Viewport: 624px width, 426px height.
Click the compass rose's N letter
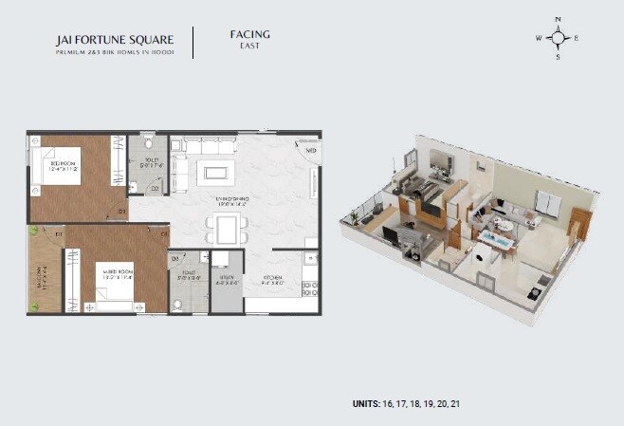(559, 18)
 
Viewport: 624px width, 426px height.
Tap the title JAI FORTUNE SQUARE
(115, 40)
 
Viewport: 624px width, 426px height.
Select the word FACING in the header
(249, 34)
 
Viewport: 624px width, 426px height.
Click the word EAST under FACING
(249, 46)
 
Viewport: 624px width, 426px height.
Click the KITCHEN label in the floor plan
(275, 280)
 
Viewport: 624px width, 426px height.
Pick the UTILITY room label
(226, 280)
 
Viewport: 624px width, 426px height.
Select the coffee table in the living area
(215, 173)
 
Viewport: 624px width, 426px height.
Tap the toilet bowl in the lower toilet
(176, 305)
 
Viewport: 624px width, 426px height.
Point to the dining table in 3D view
(497, 237)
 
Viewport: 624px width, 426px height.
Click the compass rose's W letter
(539, 39)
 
